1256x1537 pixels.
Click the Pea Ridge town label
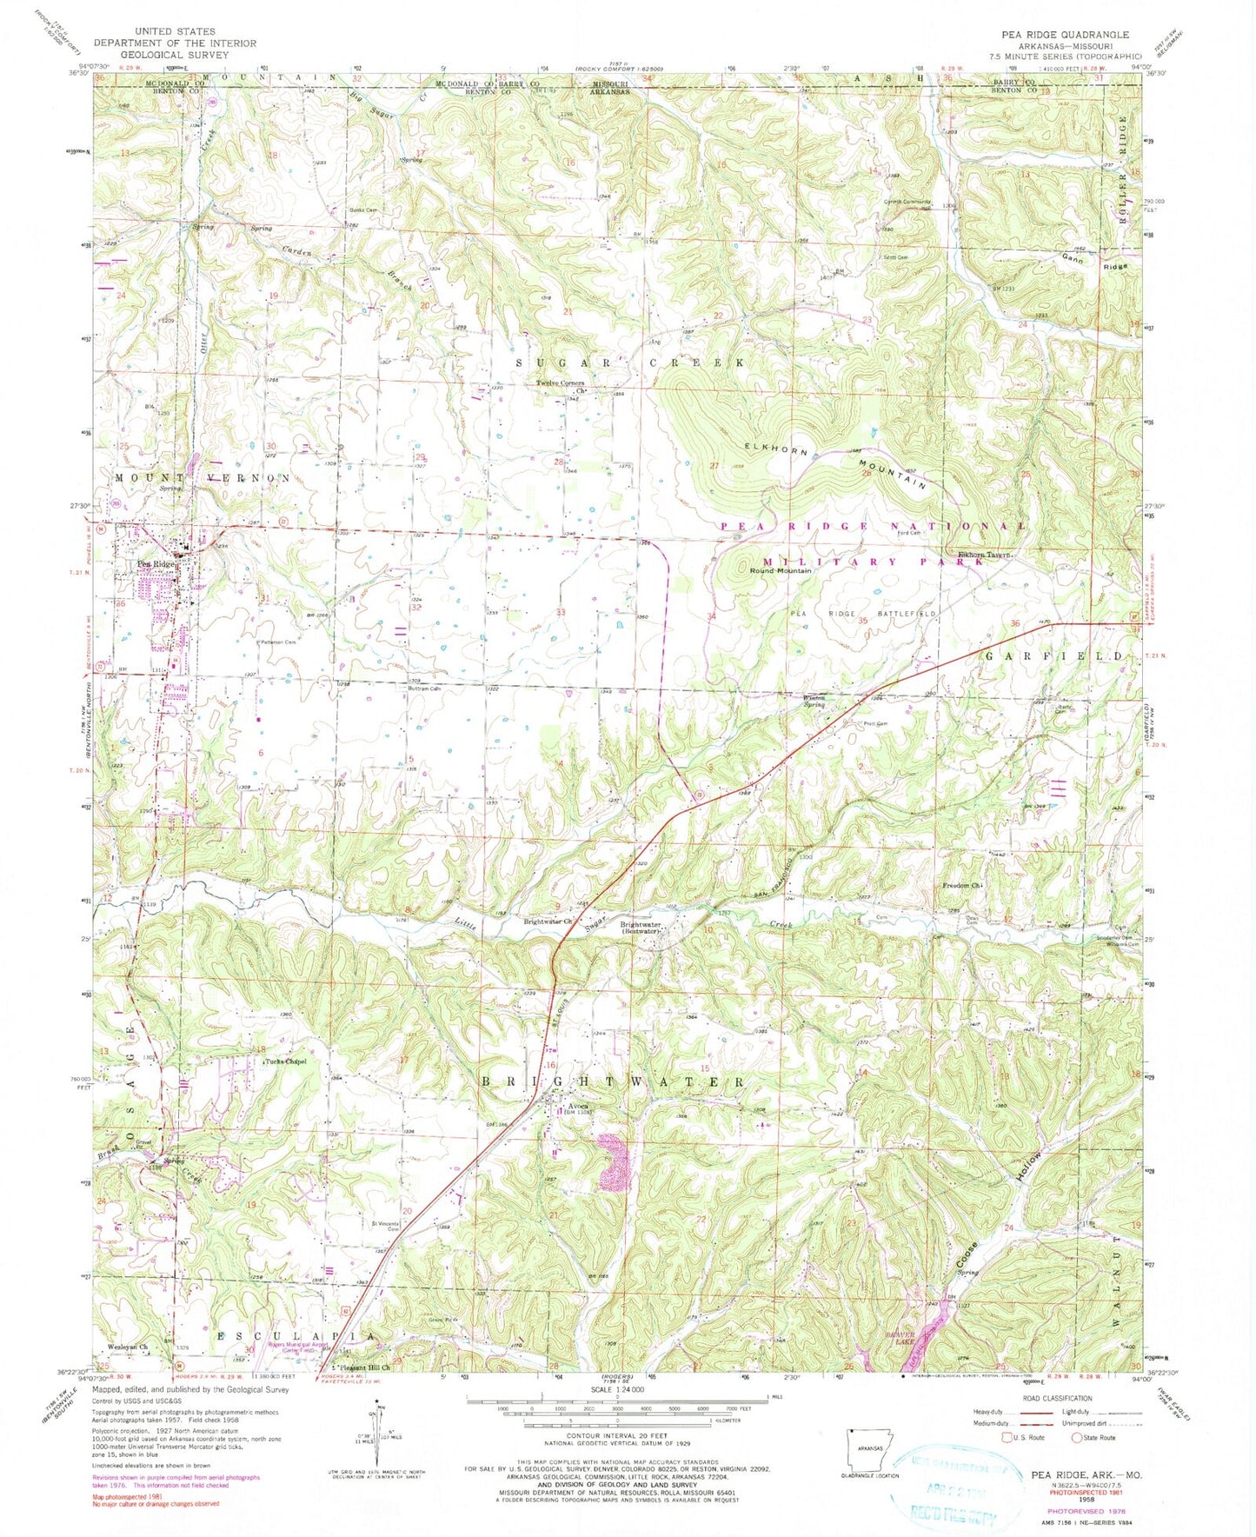pyautogui.click(x=156, y=564)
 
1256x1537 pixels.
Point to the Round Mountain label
pyautogui.click(x=781, y=571)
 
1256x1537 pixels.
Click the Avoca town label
pyautogui.click(x=559, y=1106)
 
